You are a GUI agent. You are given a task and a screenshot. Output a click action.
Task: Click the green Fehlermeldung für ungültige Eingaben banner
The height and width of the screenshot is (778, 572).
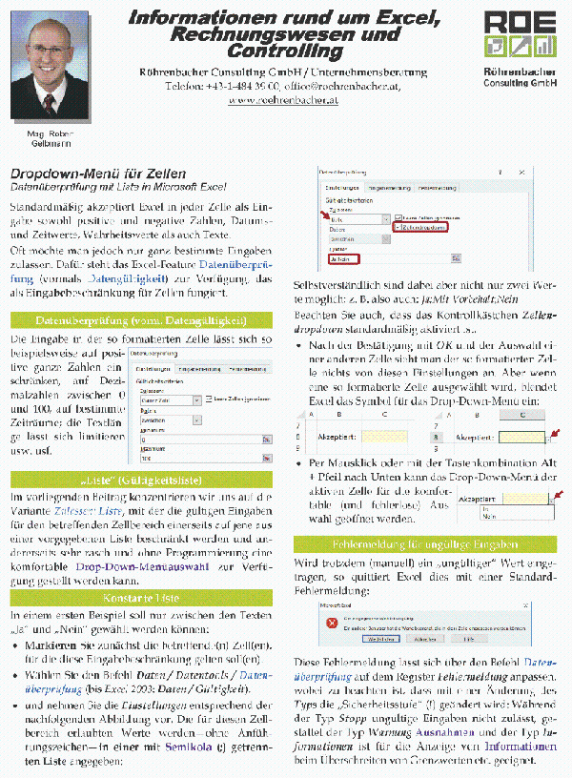click(x=425, y=544)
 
